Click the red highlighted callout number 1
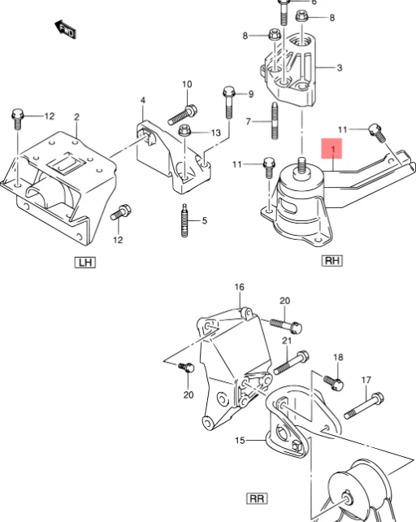[332, 150]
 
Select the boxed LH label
[84, 262]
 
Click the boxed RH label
[332, 261]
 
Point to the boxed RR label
[256, 497]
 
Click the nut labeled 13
[183, 131]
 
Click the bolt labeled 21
[292, 359]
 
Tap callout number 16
[240, 287]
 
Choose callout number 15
[240, 440]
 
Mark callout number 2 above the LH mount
[76, 117]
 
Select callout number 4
[141, 101]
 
